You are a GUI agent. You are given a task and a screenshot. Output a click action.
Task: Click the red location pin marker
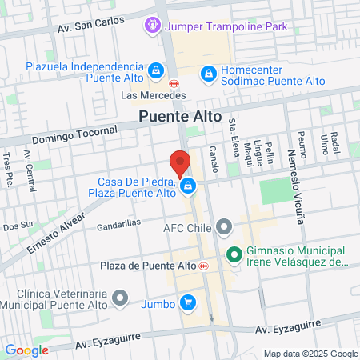[181, 163]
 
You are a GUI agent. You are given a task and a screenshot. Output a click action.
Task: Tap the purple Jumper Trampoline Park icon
[153, 26]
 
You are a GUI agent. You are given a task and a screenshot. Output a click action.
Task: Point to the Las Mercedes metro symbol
[174, 82]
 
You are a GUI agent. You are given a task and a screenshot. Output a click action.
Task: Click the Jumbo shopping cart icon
[188, 302]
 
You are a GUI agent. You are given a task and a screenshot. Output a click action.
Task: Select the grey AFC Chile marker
[224, 226]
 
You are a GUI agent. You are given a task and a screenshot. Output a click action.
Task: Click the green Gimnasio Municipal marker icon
[234, 255]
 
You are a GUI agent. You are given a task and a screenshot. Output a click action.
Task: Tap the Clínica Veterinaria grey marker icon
[120, 298]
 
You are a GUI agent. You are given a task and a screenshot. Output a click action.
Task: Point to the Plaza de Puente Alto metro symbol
[205, 266]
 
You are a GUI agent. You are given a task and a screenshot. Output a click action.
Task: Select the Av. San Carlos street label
[90, 26]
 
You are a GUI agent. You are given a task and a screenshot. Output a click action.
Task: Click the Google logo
[27, 350]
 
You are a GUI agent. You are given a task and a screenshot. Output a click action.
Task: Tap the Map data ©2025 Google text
[311, 353]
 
